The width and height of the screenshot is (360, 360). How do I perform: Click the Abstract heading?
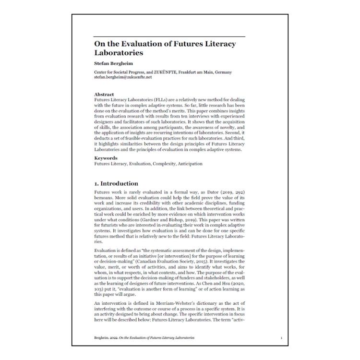[104, 95]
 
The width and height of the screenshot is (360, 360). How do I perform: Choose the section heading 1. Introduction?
[116, 183]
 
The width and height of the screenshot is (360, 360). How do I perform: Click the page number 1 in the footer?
[281, 338]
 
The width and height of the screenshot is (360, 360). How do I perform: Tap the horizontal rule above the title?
[169, 36]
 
